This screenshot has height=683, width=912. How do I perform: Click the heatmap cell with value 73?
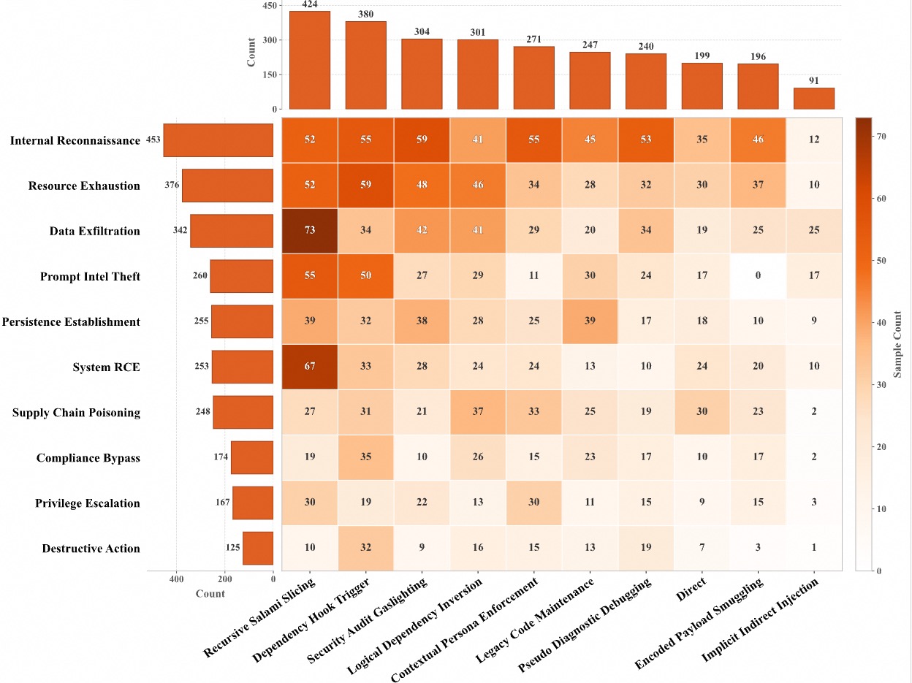point(310,231)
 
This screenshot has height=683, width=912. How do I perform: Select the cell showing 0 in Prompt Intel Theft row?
point(758,276)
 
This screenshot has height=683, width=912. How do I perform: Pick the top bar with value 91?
point(814,99)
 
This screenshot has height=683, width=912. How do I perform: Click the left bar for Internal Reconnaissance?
point(218,140)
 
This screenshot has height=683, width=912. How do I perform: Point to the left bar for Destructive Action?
point(258,549)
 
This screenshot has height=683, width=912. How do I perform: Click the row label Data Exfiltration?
point(94,231)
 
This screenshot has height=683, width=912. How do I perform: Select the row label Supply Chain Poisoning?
point(76,413)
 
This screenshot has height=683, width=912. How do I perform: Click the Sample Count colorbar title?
point(898,344)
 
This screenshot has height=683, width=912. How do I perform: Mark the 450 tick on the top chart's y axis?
point(268,6)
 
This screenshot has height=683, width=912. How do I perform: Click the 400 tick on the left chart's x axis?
point(176,579)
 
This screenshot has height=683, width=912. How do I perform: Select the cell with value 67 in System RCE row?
point(310,367)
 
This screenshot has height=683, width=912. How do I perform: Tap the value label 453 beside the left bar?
point(153,139)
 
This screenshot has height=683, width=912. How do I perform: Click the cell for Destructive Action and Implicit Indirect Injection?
point(814,549)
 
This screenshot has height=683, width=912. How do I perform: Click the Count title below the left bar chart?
point(210,594)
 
